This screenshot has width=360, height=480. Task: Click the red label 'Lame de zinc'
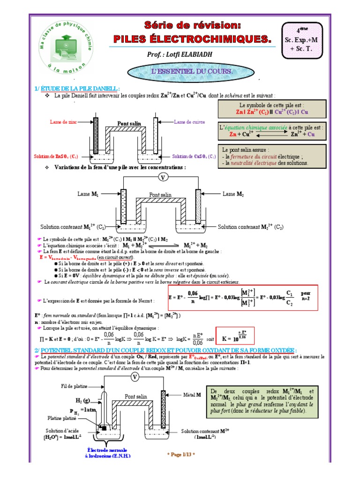point(64,122)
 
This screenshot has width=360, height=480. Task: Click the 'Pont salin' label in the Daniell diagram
point(129,124)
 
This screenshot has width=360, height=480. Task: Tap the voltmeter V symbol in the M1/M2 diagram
point(163,177)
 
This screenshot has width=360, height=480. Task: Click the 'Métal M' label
point(192,395)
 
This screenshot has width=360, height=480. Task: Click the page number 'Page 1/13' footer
point(181,454)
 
